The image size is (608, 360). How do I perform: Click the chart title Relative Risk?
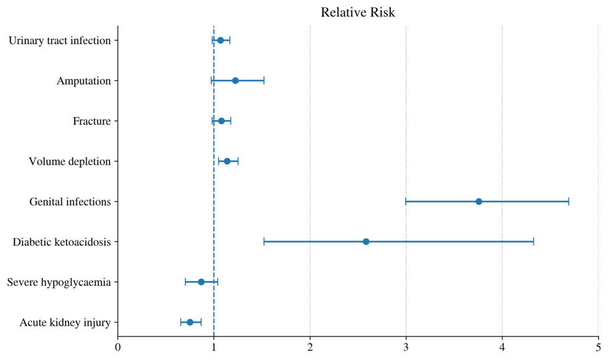point(358,12)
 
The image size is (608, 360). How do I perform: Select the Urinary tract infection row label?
point(60,41)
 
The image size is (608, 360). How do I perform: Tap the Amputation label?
point(84,81)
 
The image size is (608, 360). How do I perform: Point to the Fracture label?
point(92,121)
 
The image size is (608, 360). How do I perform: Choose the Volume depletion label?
point(70,162)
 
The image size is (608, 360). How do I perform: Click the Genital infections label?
point(70,202)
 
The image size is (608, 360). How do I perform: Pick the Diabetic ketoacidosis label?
point(62,242)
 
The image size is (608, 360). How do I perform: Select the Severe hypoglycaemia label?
point(59,282)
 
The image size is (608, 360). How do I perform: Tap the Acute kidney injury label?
point(65,322)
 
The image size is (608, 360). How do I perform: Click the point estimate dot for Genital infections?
point(479,202)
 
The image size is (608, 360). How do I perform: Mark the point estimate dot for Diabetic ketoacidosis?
point(366,242)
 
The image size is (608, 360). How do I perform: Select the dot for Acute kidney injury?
point(190,322)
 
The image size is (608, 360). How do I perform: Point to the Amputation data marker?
point(235,81)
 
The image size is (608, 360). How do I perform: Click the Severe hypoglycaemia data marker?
point(201,282)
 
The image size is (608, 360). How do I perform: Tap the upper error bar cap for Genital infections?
point(569,202)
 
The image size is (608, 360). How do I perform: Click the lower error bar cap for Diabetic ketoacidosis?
point(264,242)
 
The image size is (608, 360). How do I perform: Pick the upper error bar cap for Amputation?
point(264,81)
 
